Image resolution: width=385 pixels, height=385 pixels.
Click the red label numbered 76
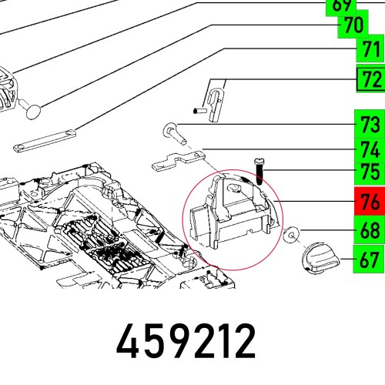tap(369, 203)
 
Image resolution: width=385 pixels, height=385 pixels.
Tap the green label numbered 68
tap(369, 230)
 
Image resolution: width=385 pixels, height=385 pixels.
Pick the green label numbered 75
tap(369, 174)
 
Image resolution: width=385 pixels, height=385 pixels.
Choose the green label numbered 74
tap(369, 149)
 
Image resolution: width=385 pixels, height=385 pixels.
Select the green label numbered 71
tap(369, 51)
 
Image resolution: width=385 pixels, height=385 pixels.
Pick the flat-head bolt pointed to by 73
tap(175, 134)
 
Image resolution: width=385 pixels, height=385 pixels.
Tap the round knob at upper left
tap(35, 109)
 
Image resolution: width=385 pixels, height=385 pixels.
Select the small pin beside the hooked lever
tap(198, 111)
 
